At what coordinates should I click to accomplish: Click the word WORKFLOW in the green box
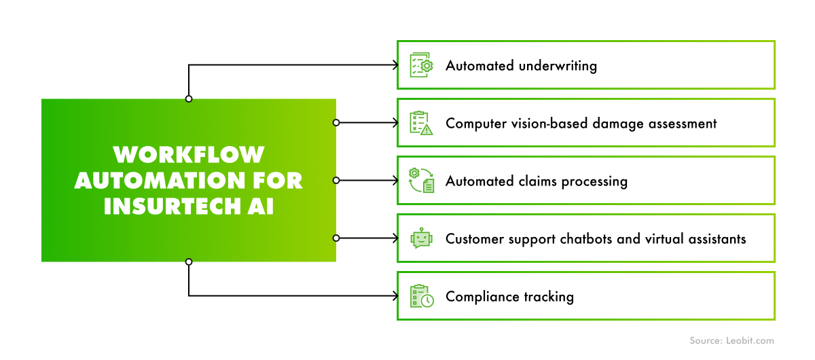[x=189, y=155]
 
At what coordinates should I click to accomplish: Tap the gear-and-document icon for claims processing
[x=421, y=181]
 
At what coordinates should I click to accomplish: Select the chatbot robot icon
[x=421, y=238]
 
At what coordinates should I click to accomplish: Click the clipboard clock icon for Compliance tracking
[x=421, y=296]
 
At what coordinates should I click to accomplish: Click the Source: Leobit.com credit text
[x=731, y=341]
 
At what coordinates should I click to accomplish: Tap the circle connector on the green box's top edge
[x=189, y=99]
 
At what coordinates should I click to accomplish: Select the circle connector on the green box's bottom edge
[x=189, y=262]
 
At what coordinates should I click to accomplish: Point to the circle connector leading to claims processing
[x=336, y=181]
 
